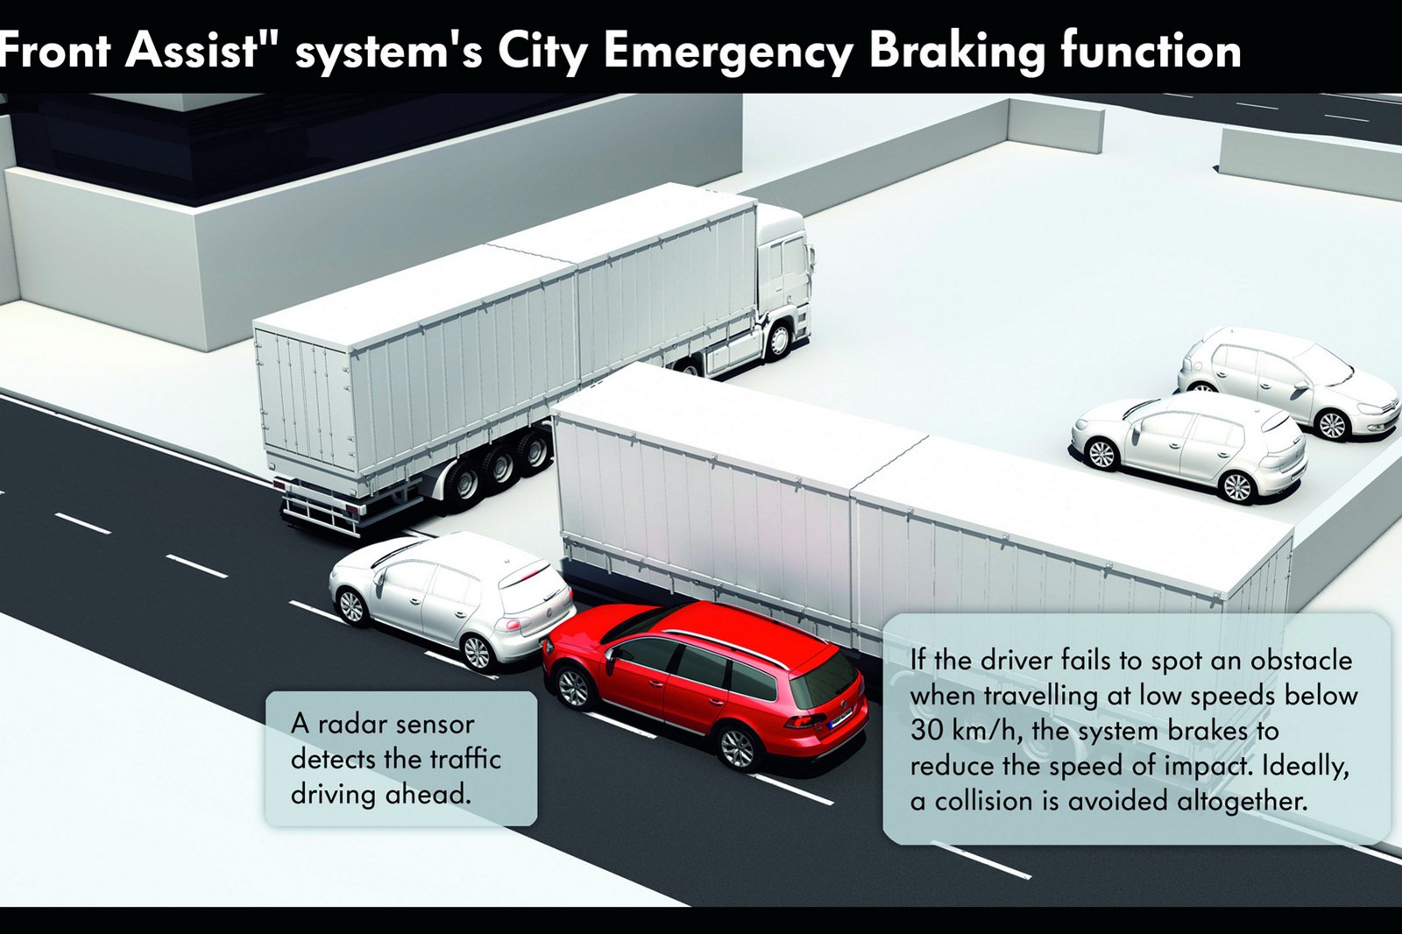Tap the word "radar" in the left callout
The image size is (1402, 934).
(356, 724)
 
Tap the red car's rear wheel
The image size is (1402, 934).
(736, 746)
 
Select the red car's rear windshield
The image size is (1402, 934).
(825, 682)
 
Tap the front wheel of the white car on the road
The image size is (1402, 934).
(350, 605)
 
